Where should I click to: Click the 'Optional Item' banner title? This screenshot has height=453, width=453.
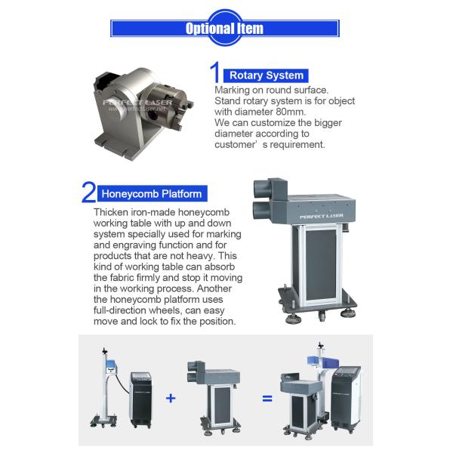(224, 29)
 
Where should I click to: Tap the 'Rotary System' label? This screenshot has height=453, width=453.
(267, 75)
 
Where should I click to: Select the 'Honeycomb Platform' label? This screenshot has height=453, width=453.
(152, 193)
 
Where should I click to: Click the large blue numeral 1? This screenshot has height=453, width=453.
(215, 72)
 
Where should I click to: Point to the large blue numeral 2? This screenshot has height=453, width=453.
(88, 192)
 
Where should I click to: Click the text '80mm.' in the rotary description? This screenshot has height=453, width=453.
(291, 112)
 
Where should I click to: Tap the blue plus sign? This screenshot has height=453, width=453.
(171, 399)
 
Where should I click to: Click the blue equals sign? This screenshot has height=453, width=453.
(267, 399)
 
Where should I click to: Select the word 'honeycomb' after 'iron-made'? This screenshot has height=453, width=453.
(203, 212)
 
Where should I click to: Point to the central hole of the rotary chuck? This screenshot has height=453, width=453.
(153, 115)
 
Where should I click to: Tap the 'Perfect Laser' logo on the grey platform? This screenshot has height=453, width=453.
(322, 216)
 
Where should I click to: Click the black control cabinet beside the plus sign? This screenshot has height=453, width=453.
(140, 399)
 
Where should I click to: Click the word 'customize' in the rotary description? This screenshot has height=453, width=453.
(273, 123)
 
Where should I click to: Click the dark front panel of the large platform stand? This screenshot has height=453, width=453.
(320, 264)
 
